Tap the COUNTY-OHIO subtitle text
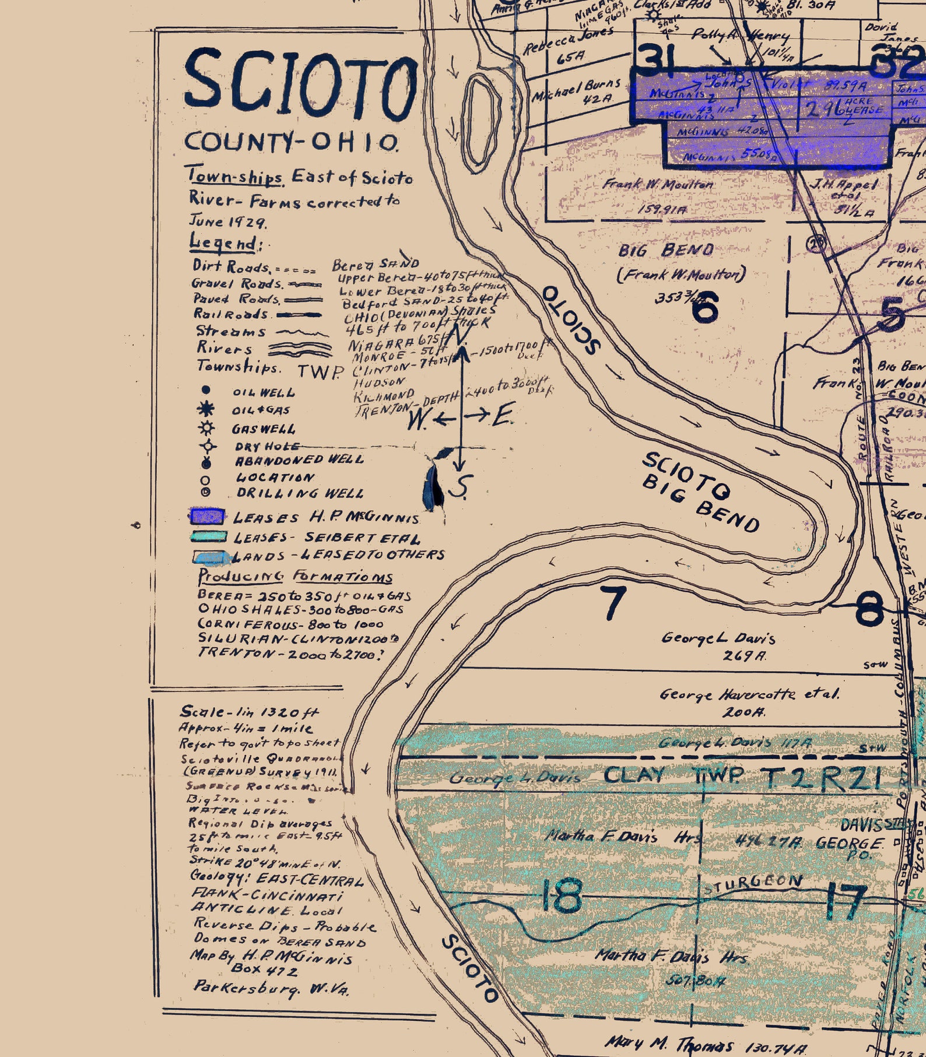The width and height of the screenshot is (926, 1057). [292, 142]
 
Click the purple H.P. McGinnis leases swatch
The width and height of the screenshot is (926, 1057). [207, 517]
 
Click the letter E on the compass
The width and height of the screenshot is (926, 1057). [503, 416]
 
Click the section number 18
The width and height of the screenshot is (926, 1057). [561, 896]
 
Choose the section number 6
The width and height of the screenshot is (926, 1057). [705, 307]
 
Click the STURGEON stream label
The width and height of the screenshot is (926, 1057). [755, 884]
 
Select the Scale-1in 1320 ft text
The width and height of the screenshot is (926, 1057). [250, 712]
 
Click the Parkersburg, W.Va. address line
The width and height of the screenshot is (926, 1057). [271, 988]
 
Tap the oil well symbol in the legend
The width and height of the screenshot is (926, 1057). [205, 391]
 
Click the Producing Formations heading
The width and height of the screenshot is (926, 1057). [295, 577]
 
